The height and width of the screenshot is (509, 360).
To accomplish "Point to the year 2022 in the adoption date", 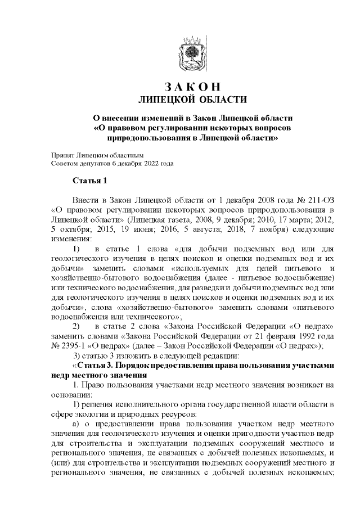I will (149, 164).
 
